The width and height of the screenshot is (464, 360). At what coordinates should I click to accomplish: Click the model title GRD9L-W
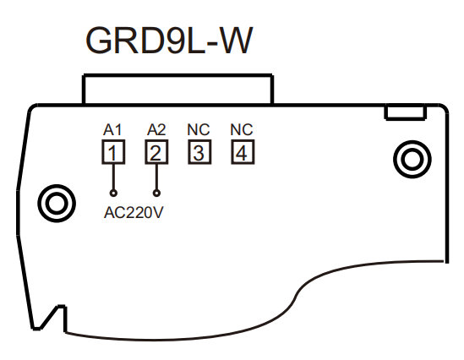pyautogui.click(x=169, y=41)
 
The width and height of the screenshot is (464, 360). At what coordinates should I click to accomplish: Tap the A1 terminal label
pyautogui.click(x=112, y=130)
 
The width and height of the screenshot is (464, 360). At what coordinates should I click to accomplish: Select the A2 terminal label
pyautogui.click(x=156, y=130)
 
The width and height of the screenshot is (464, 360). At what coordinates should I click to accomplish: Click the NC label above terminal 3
pyautogui.click(x=199, y=130)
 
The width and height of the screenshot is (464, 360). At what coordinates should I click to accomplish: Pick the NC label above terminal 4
pyautogui.click(x=242, y=130)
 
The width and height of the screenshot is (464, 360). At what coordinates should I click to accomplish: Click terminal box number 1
pyautogui.click(x=113, y=152)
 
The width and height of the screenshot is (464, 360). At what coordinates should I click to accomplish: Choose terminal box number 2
pyautogui.click(x=156, y=152)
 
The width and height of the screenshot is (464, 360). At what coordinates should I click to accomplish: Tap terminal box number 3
pyautogui.click(x=199, y=152)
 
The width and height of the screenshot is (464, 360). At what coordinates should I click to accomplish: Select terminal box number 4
pyautogui.click(x=243, y=152)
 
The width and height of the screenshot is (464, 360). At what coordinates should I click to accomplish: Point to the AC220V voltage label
pyautogui.click(x=134, y=212)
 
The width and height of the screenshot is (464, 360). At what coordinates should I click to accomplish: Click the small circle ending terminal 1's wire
pyautogui.click(x=113, y=194)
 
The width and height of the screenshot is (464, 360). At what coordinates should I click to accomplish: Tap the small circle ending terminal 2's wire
pyautogui.click(x=156, y=194)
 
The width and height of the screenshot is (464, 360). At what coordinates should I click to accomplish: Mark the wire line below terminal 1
pyautogui.click(x=113, y=177)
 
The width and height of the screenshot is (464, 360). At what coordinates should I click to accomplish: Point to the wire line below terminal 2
pyautogui.click(x=156, y=177)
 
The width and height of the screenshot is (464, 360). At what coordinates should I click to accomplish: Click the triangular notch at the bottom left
pyautogui.click(x=49, y=319)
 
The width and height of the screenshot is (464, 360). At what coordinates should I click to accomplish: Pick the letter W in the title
pyautogui.click(x=237, y=41)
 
